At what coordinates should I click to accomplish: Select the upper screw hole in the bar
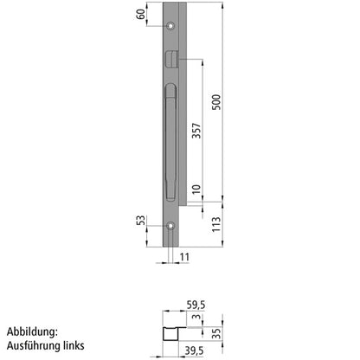171,25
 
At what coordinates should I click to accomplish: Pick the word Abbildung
32,331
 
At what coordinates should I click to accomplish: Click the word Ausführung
35,345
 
